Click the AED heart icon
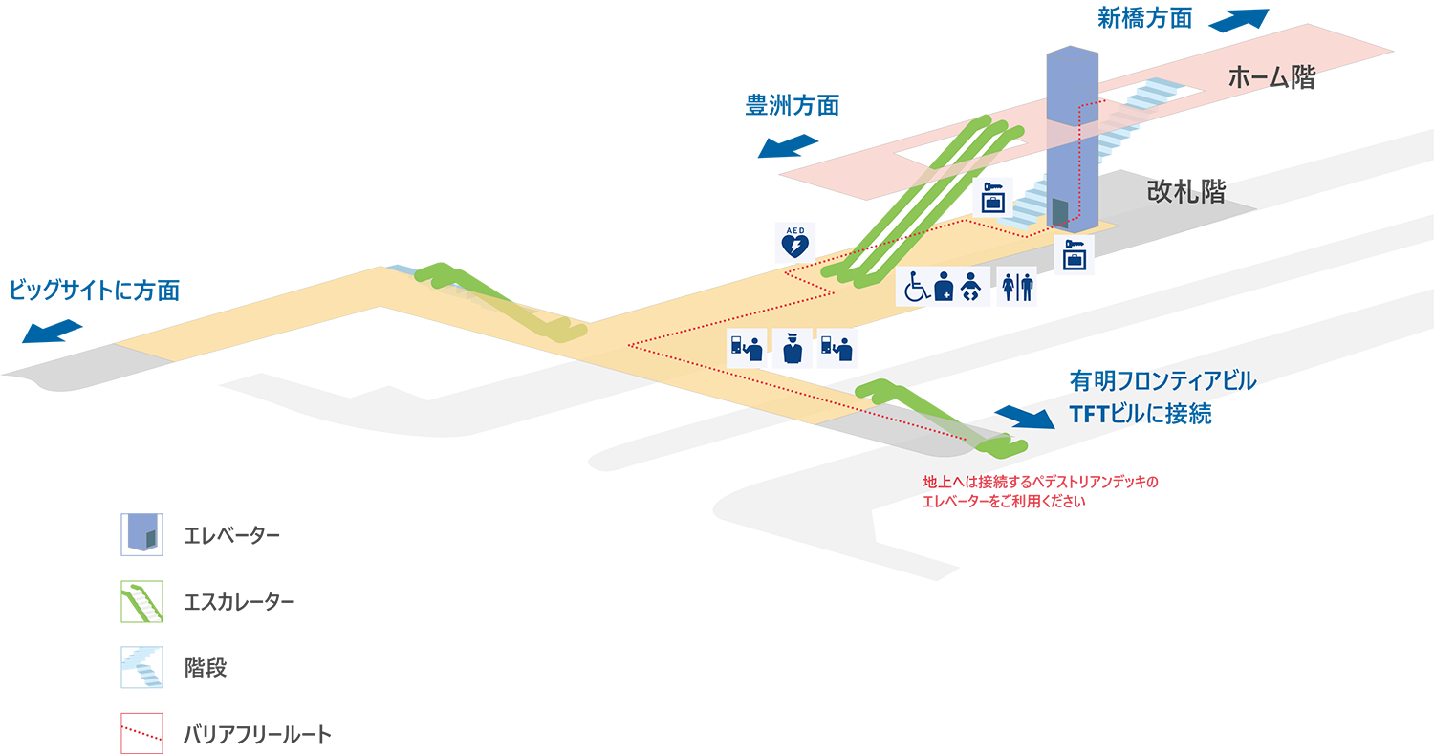[x=794, y=247]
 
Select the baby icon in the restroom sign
[x=972, y=287]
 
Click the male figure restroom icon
[x=1027, y=287]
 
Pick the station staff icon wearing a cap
[x=791, y=349]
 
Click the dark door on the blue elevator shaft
[x=1060, y=211]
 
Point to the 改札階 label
[x=1185, y=190]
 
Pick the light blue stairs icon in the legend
[x=144, y=666]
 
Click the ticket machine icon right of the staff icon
[x=833, y=349]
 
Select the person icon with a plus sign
[x=944, y=287]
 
